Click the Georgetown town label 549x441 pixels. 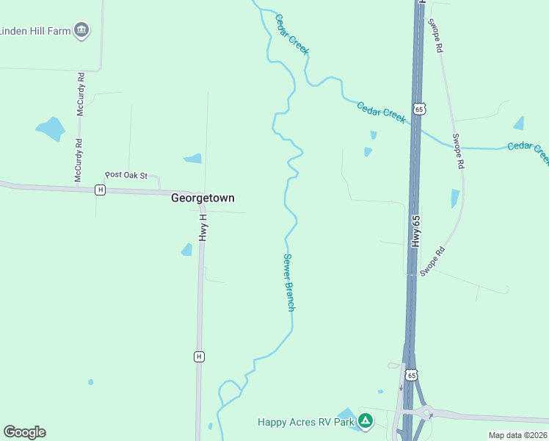tap(203, 198)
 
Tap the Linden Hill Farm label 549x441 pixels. tap(35, 31)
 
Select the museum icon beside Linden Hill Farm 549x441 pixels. tap(82, 30)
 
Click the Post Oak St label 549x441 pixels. tap(126, 175)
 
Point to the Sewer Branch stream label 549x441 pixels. tap(288, 282)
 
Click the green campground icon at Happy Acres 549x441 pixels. tap(366, 421)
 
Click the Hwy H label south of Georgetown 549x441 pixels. tap(203, 228)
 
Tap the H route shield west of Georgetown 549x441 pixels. tap(101, 190)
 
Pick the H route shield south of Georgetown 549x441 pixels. tap(198, 356)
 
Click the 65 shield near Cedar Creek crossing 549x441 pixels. tap(418, 109)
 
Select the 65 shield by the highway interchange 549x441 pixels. tap(412, 375)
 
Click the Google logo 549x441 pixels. tap(24, 432)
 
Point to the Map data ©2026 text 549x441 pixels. tap(517, 435)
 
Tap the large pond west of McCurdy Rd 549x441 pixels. tap(51, 129)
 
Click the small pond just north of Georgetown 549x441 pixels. tap(193, 158)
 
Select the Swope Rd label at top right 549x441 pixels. tap(437, 35)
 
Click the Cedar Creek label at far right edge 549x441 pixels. tap(528, 150)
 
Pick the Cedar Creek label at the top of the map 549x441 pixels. tap(291, 34)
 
